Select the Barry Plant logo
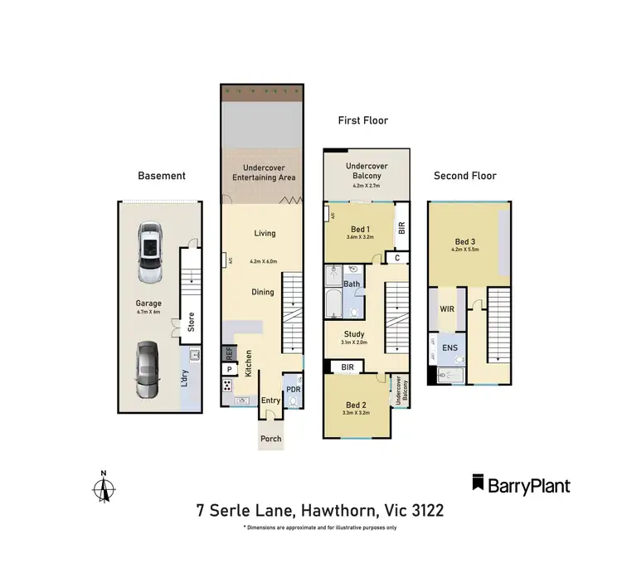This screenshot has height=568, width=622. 521,484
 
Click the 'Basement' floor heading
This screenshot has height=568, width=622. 162,176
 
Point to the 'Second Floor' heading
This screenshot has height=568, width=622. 465,176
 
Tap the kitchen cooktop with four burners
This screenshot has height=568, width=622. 228,386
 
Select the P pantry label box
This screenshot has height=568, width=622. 229,368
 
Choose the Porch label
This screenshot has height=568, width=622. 271,439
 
